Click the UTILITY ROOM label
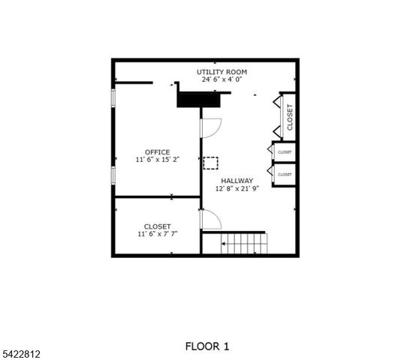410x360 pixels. tap(222, 72)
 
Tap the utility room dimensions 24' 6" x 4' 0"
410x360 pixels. tap(222, 79)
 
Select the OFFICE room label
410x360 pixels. tap(158, 152)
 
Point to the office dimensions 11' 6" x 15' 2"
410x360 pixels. tap(158, 160)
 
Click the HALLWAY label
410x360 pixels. tap(237, 181)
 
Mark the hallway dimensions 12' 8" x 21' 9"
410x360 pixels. tap(237, 189)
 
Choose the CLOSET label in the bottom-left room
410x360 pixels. tap(158, 226)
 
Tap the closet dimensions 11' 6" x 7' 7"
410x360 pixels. tap(158, 234)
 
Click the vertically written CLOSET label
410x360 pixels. tap(290, 115)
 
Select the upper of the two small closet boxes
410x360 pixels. tap(285, 152)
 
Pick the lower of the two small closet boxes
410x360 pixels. tap(285, 174)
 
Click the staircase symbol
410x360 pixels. tap(244, 243)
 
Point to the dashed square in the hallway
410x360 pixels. tap(211, 162)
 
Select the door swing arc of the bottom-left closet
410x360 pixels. tap(211, 220)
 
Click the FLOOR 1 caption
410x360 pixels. tap(207, 346)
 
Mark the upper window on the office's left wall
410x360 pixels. tap(113, 100)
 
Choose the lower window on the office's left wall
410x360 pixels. tap(113, 175)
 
